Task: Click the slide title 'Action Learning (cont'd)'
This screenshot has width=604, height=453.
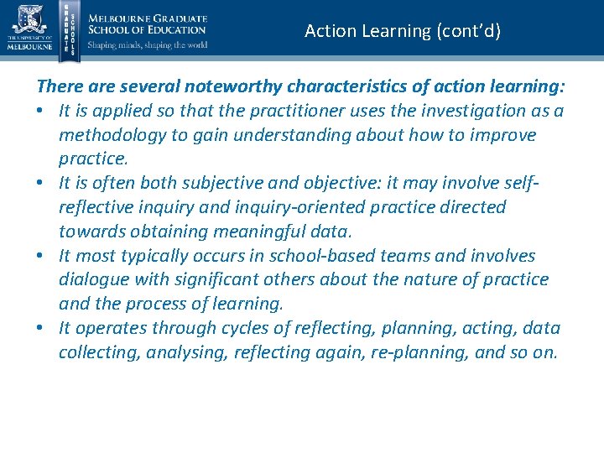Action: pos(403,31)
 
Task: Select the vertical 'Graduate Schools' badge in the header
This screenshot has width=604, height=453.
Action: pos(70,29)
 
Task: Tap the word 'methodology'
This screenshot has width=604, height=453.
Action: pos(113,135)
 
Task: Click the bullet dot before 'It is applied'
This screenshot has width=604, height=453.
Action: pos(41,112)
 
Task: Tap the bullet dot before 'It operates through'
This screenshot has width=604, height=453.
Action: pos(41,328)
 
